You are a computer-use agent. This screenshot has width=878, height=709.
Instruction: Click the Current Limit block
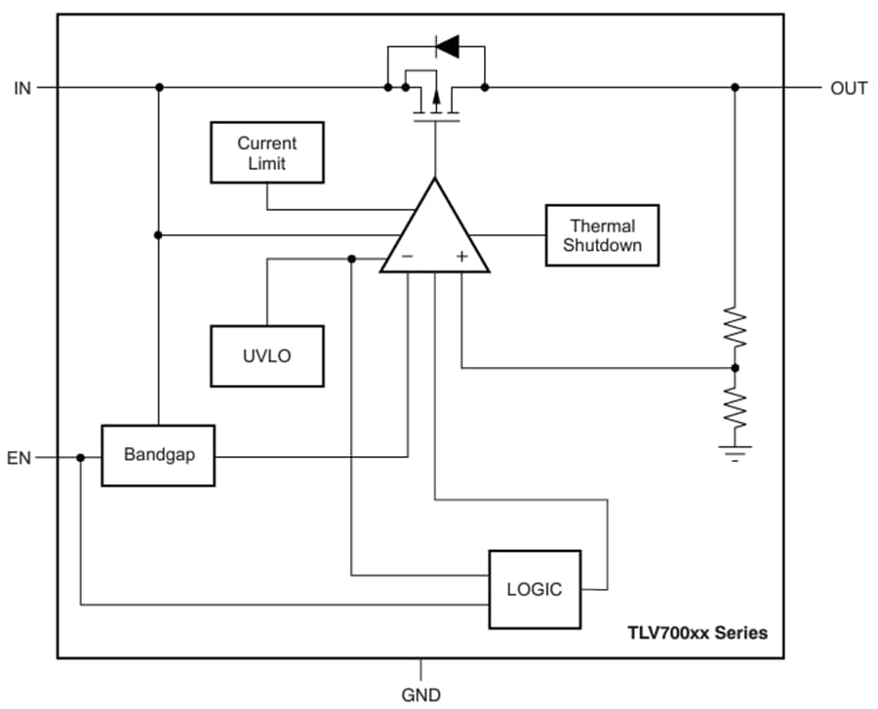(x=267, y=153)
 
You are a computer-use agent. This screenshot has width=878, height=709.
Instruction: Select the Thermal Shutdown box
(x=602, y=235)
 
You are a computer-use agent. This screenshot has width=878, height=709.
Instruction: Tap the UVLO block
(x=267, y=355)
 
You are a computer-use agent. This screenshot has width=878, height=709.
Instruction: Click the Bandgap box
(x=158, y=455)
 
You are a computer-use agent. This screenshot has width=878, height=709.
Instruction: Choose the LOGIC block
(x=534, y=589)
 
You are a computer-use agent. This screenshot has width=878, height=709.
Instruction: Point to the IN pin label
(x=22, y=88)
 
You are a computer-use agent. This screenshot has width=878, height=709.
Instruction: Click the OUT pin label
(x=848, y=88)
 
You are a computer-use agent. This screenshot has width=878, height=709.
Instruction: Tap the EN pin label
(x=20, y=457)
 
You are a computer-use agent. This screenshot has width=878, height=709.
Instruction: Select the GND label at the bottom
(x=420, y=695)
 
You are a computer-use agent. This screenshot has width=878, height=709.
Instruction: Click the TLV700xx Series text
(x=697, y=633)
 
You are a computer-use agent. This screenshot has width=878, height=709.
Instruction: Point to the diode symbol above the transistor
(x=447, y=46)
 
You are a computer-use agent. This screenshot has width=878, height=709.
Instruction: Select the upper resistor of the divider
(x=735, y=328)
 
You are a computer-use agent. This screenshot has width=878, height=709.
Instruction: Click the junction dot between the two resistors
(x=735, y=368)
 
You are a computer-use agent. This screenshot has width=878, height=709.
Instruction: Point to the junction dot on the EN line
(x=81, y=457)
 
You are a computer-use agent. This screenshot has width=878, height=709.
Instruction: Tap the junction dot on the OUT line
(x=735, y=87)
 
